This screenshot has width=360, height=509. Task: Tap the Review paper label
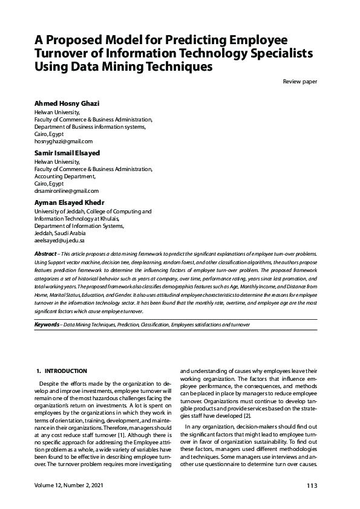coord(300,82)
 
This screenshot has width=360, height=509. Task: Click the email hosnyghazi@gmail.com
coord(62,140)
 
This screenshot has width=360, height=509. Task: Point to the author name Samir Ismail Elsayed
coord(67,153)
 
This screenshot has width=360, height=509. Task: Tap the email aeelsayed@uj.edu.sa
coord(60,240)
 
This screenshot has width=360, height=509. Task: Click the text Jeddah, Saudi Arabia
coord(61,233)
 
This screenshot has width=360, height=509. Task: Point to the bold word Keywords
coord(47,325)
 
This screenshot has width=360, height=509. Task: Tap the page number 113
coord(312,486)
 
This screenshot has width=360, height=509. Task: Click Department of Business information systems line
coord(90,126)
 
